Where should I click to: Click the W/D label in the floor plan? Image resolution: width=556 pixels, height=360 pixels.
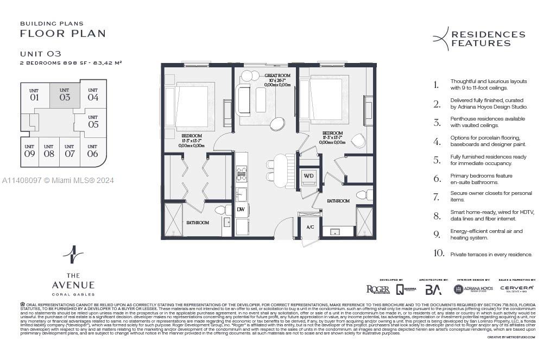308,175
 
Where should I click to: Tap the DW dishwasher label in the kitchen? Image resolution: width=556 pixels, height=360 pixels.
241,209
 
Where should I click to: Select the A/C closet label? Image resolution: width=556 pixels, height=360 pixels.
310,227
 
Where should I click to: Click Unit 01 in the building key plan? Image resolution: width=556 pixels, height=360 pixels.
34,95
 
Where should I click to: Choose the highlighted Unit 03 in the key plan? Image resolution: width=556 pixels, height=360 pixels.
65,95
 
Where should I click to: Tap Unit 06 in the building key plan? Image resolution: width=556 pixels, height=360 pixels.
92,151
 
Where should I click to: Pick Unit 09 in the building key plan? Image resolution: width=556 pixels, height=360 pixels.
29,151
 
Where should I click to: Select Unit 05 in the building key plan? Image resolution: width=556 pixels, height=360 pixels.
93,121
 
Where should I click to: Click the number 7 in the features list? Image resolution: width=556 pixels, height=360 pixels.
436,197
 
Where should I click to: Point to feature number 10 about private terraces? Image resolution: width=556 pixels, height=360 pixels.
438,254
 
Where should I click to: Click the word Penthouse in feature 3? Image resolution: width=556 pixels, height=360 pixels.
463,119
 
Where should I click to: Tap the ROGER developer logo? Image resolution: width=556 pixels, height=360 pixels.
378,289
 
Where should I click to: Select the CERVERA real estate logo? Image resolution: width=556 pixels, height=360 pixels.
516,288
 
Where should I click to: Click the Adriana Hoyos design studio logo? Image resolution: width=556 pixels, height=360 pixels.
473,289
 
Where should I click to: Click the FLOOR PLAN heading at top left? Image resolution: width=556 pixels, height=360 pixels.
62,34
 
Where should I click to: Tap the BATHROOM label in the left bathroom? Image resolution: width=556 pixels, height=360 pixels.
198,223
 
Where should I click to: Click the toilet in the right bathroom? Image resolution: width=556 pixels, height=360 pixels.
364,194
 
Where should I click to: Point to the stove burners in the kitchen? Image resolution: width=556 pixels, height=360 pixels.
242,174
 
